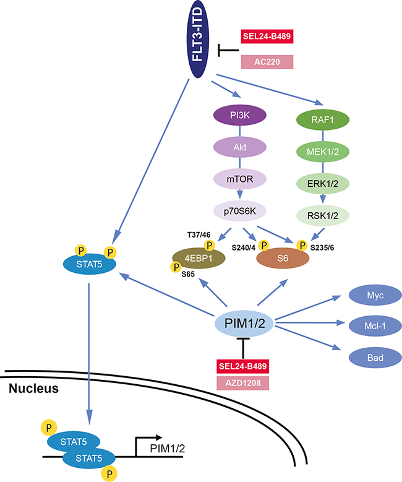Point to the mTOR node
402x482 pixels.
click(239, 179)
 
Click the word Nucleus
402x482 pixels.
click(33, 389)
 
